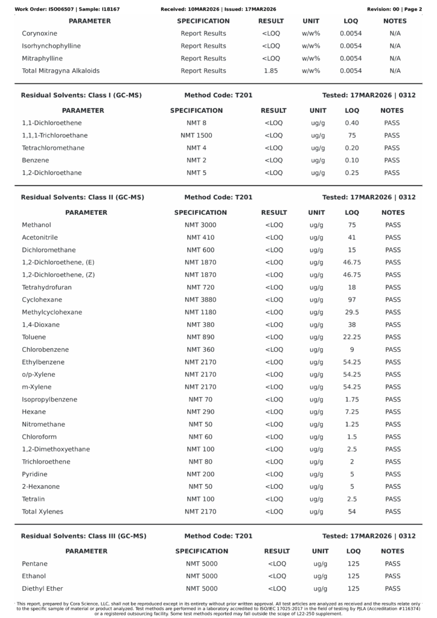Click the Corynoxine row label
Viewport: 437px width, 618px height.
(39, 33)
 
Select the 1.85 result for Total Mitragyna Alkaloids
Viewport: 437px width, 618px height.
(271, 71)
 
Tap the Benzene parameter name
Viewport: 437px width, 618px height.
(35, 161)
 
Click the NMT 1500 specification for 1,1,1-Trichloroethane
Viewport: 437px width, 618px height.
(196, 135)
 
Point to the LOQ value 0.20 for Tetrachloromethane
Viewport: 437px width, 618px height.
(352, 148)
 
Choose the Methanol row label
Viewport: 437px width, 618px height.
(36, 225)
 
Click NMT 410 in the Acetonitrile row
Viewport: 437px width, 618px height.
(200, 238)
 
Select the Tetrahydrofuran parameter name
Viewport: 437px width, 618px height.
(46, 287)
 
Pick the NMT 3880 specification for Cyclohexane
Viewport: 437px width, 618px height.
(200, 300)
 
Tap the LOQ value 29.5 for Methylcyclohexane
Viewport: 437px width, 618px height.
(352, 312)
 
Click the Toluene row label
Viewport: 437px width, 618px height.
(34, 337)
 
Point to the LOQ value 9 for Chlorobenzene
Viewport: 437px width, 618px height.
(352, 349)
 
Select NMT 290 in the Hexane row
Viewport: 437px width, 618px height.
(200, 412)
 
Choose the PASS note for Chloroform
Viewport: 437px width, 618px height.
(393, 437)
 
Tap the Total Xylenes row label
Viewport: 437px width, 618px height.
(42, 512)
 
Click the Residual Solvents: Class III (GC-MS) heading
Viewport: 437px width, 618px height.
(83, 536)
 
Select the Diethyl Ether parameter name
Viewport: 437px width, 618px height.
(42, 588)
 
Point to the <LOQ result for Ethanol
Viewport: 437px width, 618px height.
(276, 576)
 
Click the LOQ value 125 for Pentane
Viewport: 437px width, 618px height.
(354, 564)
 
